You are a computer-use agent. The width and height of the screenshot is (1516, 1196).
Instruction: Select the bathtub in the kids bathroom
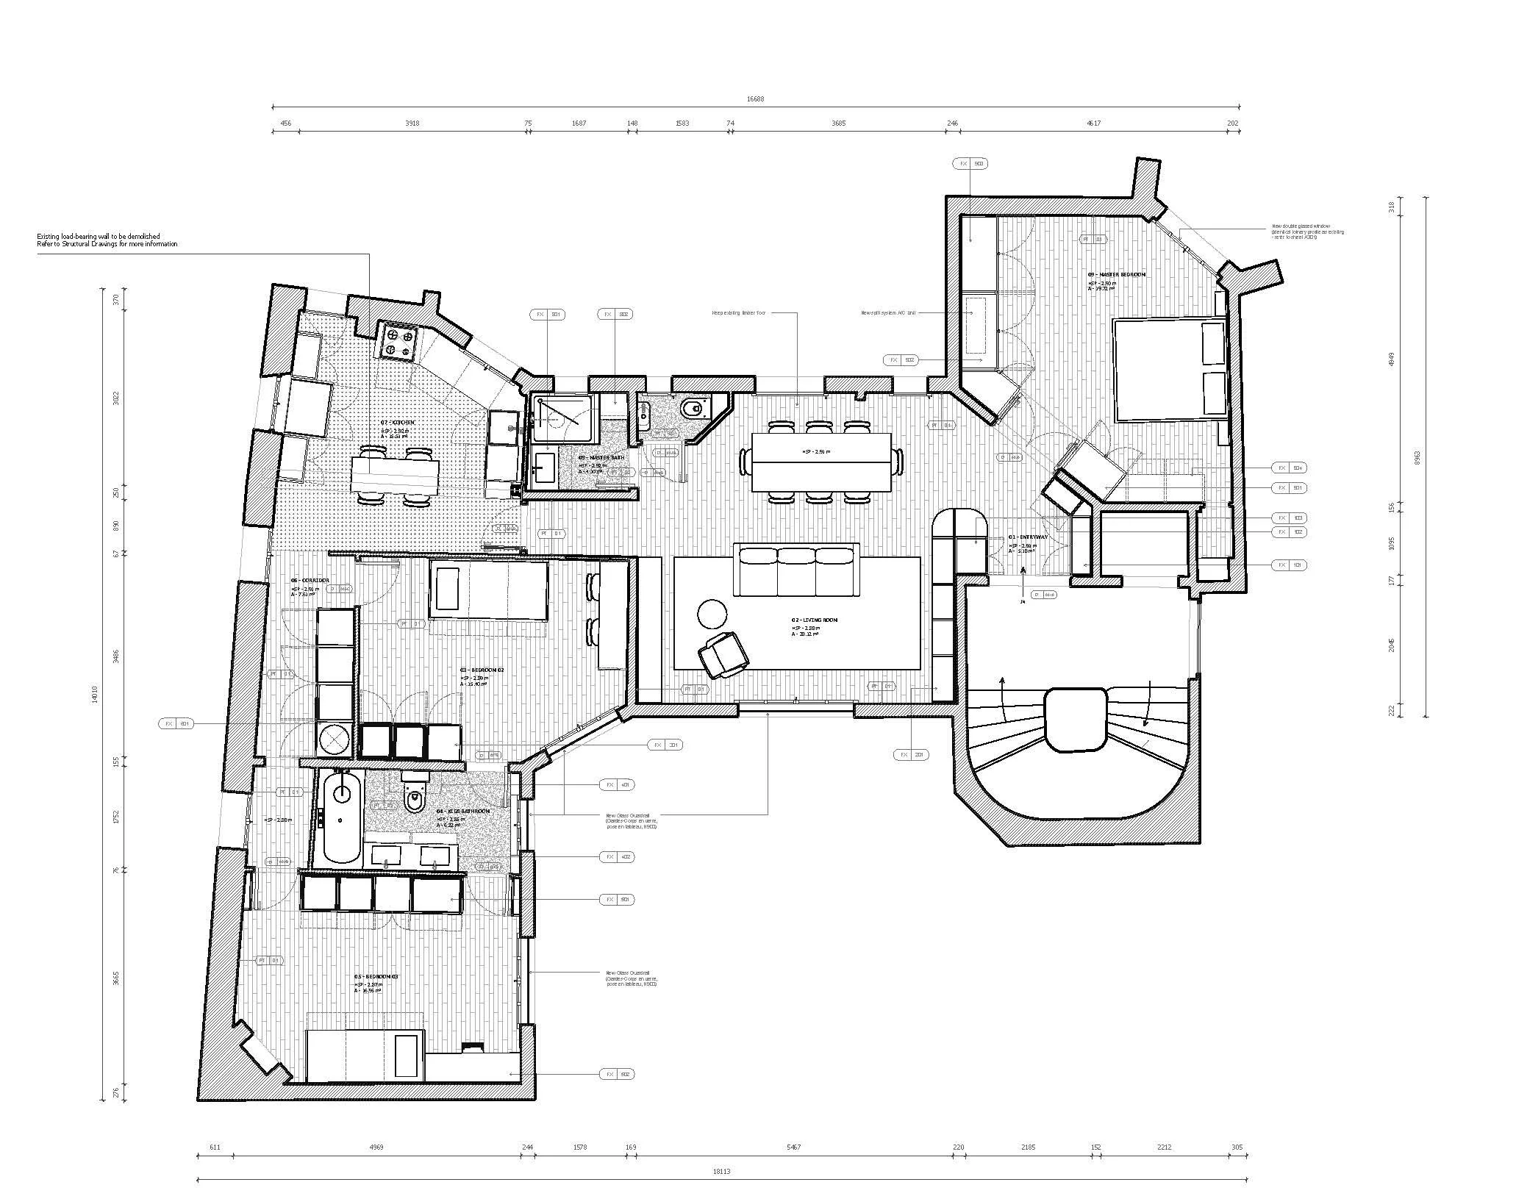click(x=343, y=817)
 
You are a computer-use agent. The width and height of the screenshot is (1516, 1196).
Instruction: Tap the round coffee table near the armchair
click(x=712, y=613)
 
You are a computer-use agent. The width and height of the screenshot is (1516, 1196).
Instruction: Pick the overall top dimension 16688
click(x=755, y=99)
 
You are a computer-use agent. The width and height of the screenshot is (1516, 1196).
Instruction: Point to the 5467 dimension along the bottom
click(x=793, y=1147)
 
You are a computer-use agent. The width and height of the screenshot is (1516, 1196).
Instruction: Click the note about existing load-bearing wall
click(x=107, y=240)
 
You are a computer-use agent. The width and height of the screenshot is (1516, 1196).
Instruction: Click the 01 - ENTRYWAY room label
click(x=1028, y=537)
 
